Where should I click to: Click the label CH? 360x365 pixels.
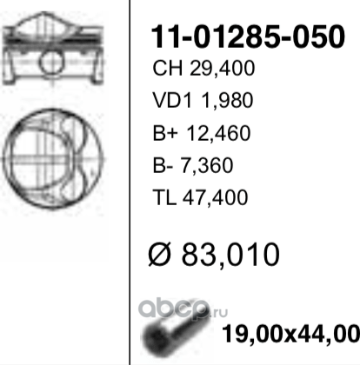(163, 69)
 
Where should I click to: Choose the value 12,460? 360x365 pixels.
(215, 134)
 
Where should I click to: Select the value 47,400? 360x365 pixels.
(213, 198)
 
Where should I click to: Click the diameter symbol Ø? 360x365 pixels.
(164, 255)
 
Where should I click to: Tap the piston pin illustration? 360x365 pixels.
(167, 331)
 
